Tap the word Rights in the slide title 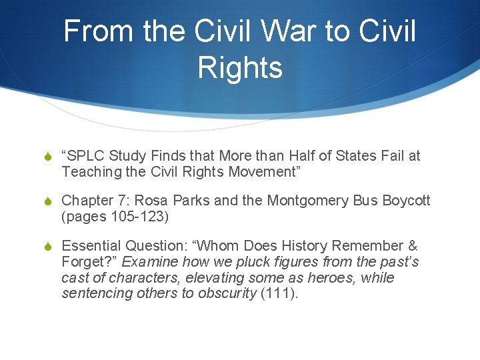(x=240, y=67)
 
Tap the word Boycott (x=407, y=201)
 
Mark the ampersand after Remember (x=411, y=246)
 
